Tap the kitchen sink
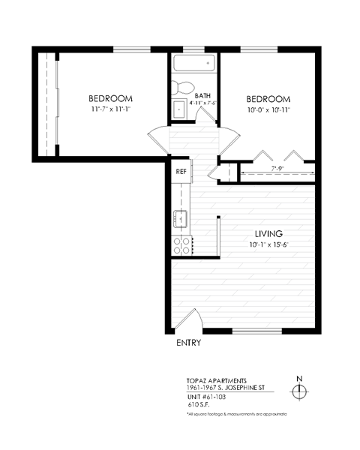pyautogui.click(x=181, y=220)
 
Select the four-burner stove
pyautogui.click(x=181, y=243)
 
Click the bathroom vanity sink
pyautogui.click(x=181, y=109)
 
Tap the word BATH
pyautogui.click(x=202, y=96)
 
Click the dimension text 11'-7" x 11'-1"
pyautogui.click(x=111, y=109)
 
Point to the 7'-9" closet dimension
pyautogui.click(x=277, y=169)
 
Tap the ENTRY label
pyautogui.click(x=188, y=343)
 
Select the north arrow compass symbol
pyautogui.click(x=299, y=391)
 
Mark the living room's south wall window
pyautogui.click(x=256, y=331)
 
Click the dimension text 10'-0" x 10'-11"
pyautogui.click(x=268, y=109)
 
